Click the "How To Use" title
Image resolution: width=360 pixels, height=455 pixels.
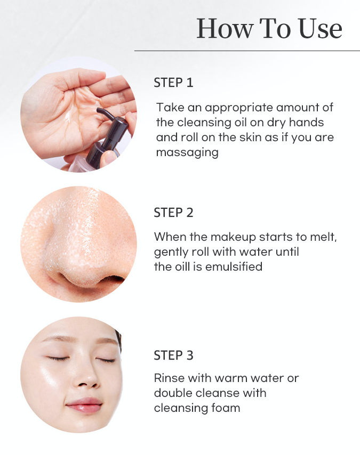pyautogui.click(x=269, y=28)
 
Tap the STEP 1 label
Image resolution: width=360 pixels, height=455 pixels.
pyautogui.click(x=173, y=83)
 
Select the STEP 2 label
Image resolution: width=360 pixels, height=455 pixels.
pyautogui.click(x=173, y=213)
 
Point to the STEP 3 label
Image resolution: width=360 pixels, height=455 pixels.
pyautogui.click(x=173, y=355)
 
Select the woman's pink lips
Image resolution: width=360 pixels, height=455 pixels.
pyautogui.click(x=82, y=402)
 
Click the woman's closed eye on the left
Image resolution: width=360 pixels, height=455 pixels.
pyautogui.click(x=57, y=359)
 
